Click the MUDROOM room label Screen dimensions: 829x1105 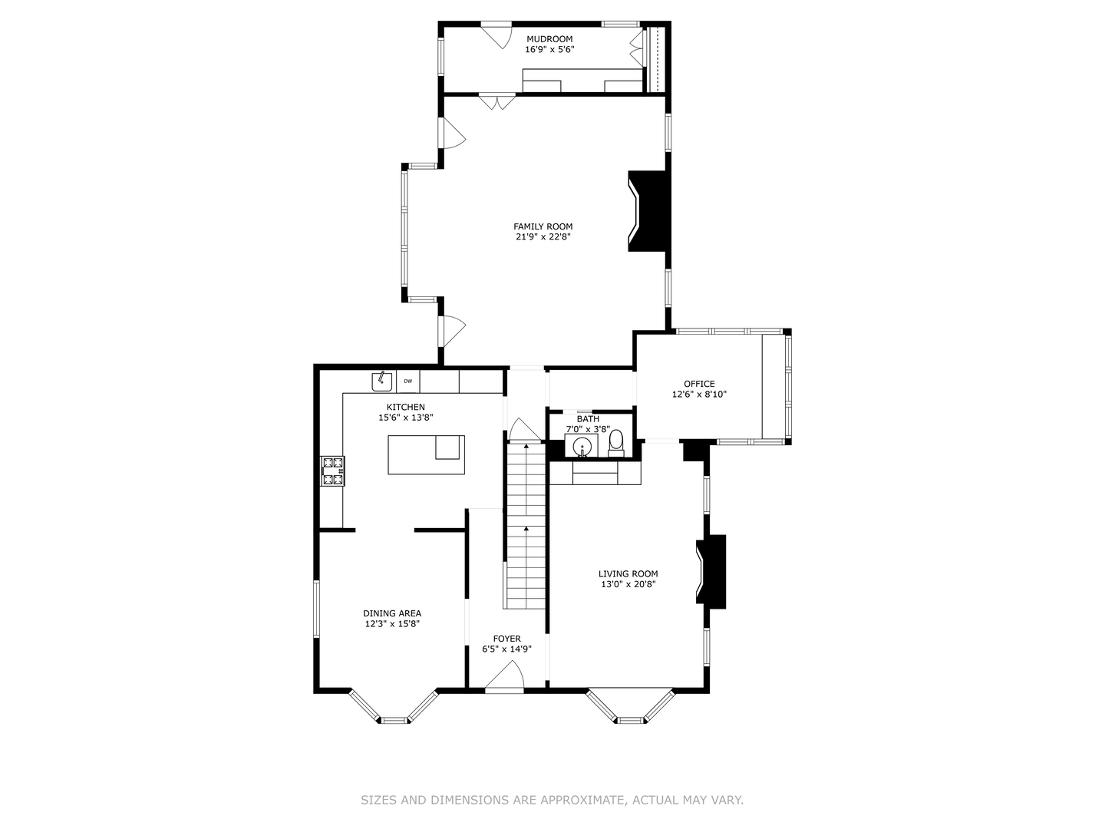click(549, 39)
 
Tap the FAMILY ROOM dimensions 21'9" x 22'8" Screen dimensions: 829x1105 click(543, 237)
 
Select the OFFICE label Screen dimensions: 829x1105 click(699, 384)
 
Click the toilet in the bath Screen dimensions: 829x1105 click(615, 443)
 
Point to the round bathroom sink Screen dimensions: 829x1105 click(582, 447)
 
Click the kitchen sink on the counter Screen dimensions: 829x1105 click(381, 380)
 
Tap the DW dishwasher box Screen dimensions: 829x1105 click(407, 381)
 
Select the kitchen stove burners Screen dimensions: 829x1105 click(332, 471)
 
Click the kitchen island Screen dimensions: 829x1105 click(426, 454)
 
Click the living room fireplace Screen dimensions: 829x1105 click(711, 572)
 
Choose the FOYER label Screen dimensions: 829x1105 click(506, 639)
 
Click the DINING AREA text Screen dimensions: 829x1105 click(392, 613)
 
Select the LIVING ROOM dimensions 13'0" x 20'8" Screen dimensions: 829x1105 click(628, 584)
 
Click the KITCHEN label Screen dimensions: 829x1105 click(405, 407)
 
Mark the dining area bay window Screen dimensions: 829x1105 click(394, 711)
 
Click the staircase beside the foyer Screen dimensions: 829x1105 click(526, 530)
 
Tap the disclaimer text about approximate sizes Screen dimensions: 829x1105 click(552, 800)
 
